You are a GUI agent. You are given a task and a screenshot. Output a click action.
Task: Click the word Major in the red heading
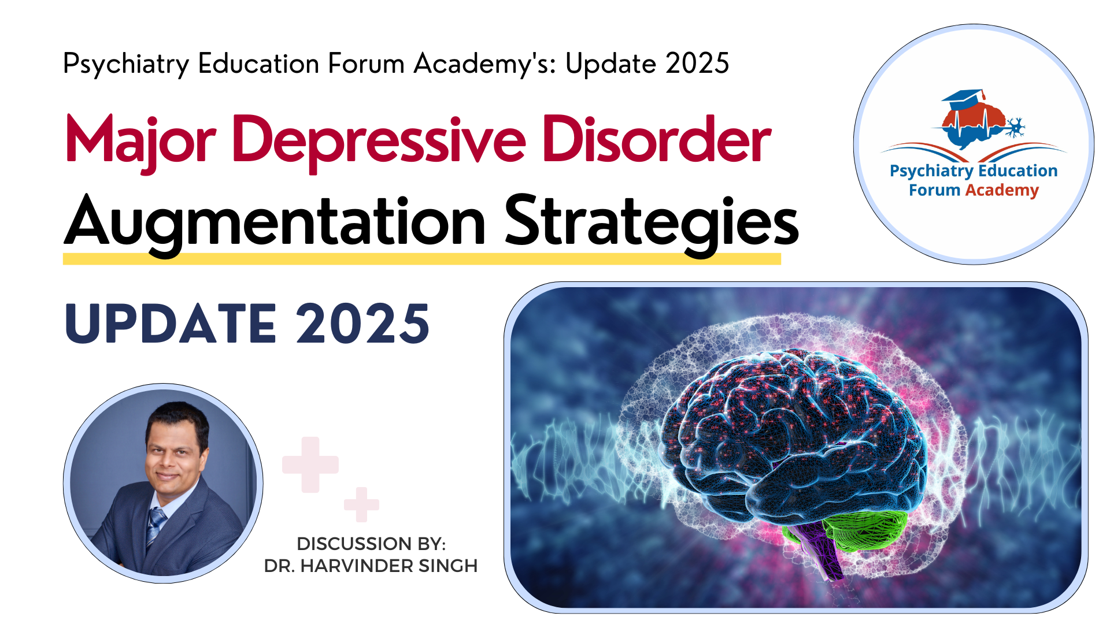[x=141, y=142]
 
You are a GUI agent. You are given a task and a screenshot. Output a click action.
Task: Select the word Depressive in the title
[x=379, y=142]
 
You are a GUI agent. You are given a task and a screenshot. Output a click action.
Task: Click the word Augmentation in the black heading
[x=275, y=224]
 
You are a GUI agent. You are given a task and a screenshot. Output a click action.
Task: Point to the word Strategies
[x=652, y=224]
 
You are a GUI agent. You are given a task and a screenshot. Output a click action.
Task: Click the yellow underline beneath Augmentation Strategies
[x=422, y=259]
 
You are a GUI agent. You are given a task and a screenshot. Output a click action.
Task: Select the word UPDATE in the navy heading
[x=171, y=324]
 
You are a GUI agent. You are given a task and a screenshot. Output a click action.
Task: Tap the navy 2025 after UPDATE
[x=363, y=324]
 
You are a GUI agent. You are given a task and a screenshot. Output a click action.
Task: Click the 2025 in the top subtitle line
[x=697, y=63]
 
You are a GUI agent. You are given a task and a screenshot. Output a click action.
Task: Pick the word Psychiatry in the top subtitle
[x=126, y=65]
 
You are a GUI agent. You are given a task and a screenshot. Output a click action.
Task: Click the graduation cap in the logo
[x=964, y=99]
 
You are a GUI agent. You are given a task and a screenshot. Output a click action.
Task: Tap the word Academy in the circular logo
[x=1002, y=191]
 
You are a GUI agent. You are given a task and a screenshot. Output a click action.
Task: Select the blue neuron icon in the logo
[x=1015, y=127]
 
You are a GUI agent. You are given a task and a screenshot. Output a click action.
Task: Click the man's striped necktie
[x=154, y=525]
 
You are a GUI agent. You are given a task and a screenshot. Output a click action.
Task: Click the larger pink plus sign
[x=310, y=465]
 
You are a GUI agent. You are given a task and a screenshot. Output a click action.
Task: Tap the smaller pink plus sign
[x=361, y=504]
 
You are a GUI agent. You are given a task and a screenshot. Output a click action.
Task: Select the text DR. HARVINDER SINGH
[x=371, y=566]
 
